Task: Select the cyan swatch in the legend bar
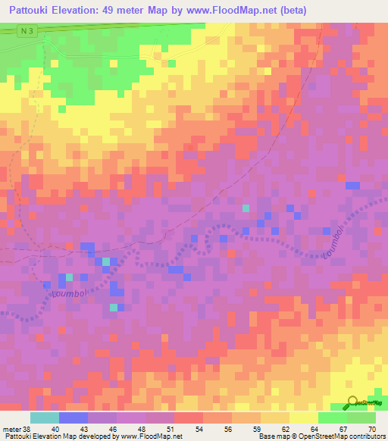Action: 45,418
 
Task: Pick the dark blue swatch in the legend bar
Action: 74,418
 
